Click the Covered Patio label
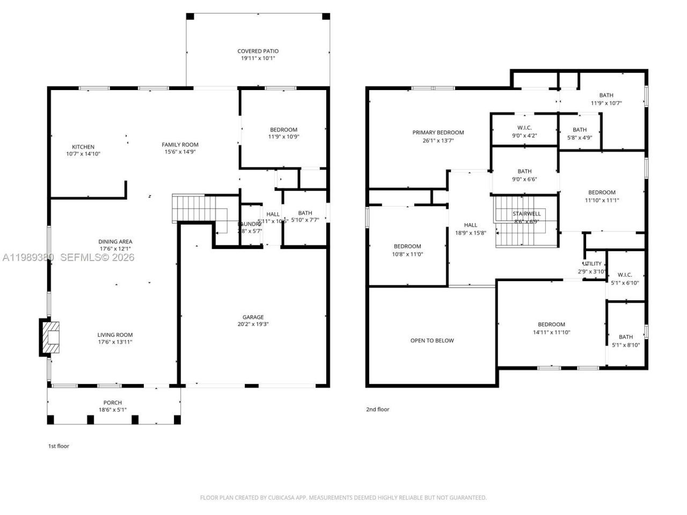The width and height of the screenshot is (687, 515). pos(258,51)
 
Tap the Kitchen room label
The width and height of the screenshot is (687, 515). pos(83,147)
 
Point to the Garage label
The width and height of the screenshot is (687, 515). pos(253,317)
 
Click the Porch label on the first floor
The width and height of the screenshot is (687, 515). pos(113,402)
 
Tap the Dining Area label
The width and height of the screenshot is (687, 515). pos(115,241)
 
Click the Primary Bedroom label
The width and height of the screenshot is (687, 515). pos(438,133)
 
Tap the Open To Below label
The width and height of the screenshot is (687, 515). pos(432,341)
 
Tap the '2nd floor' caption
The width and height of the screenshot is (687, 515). pos(377,409)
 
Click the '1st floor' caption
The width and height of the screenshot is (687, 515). pos(59,446)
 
